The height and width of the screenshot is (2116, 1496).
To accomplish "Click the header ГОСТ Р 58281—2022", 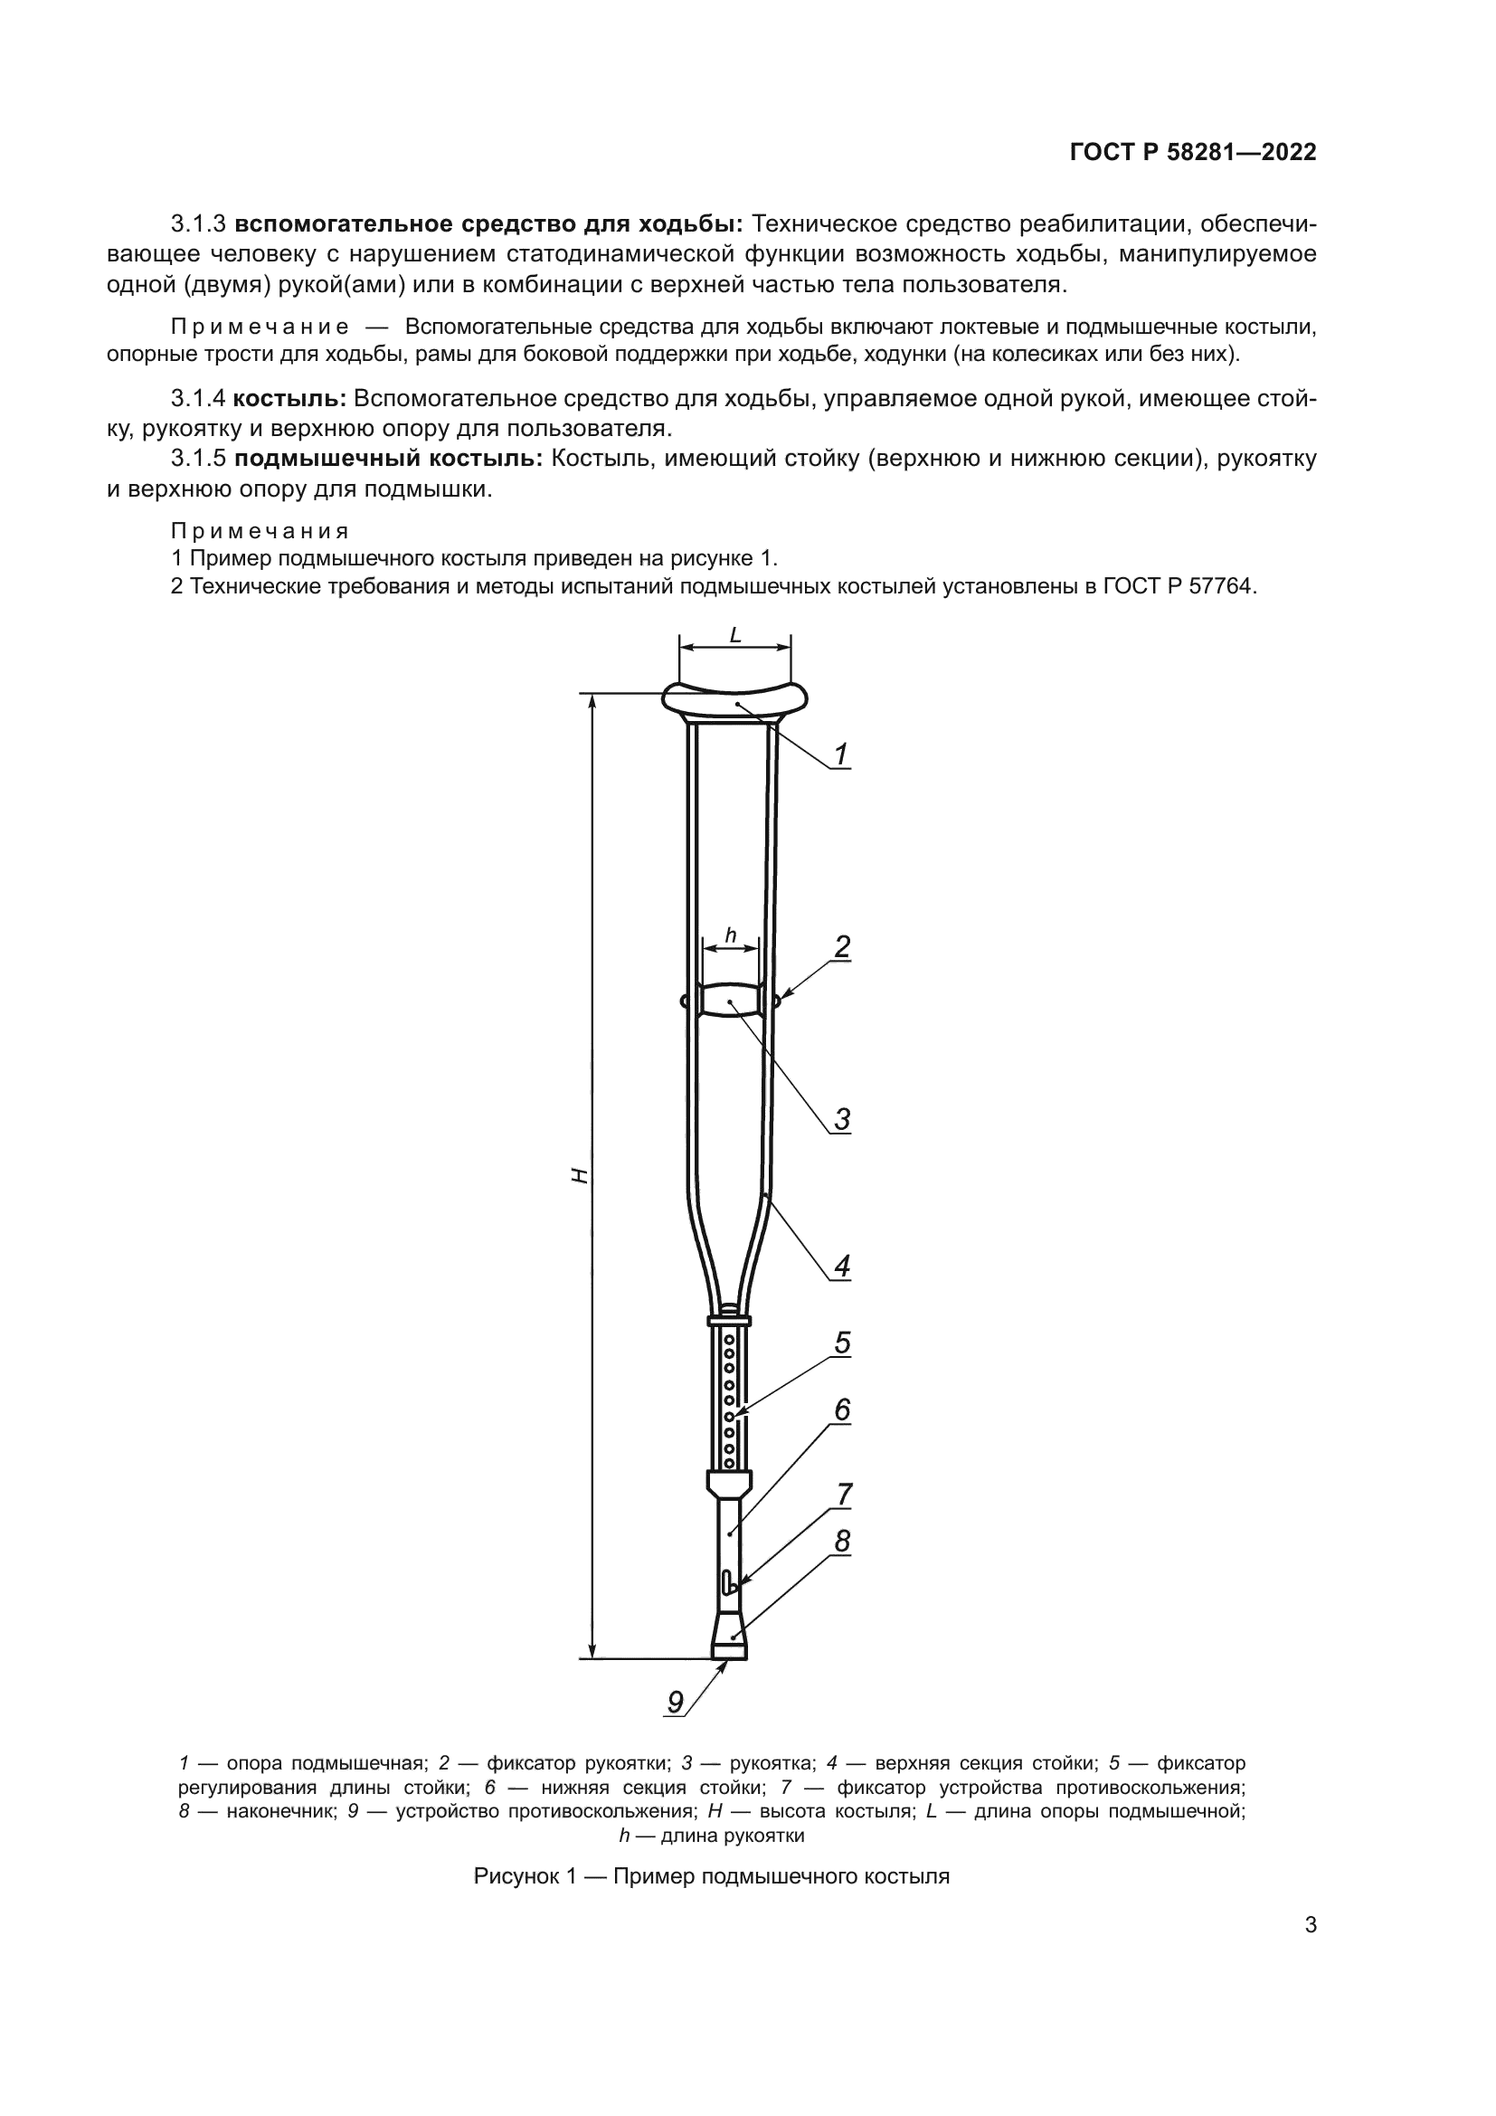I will click(1192, 153).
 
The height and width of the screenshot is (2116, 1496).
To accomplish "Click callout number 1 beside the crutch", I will click(840, 755).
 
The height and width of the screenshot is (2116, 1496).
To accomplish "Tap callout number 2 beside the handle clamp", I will click(842, 946).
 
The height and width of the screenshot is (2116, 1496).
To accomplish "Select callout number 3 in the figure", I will click(842, 1120).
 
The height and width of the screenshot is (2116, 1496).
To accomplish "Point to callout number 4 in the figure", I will click(842, 1267).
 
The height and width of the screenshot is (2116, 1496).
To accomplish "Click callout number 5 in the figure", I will click(842, 1343).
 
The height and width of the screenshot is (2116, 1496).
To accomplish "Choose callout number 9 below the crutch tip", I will click(676, 1703).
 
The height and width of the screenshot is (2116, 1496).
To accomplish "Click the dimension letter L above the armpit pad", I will click(735, 635).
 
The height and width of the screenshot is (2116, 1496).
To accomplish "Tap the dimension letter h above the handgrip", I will click(731, 935).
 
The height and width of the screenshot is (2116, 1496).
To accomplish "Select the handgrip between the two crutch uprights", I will click(731, 1001).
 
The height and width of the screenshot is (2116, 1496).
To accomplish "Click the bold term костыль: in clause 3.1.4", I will click(289, 399).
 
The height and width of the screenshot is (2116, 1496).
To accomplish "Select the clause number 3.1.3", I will click(198, 224).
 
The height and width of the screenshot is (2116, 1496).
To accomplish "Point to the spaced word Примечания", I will click(260, 531).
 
